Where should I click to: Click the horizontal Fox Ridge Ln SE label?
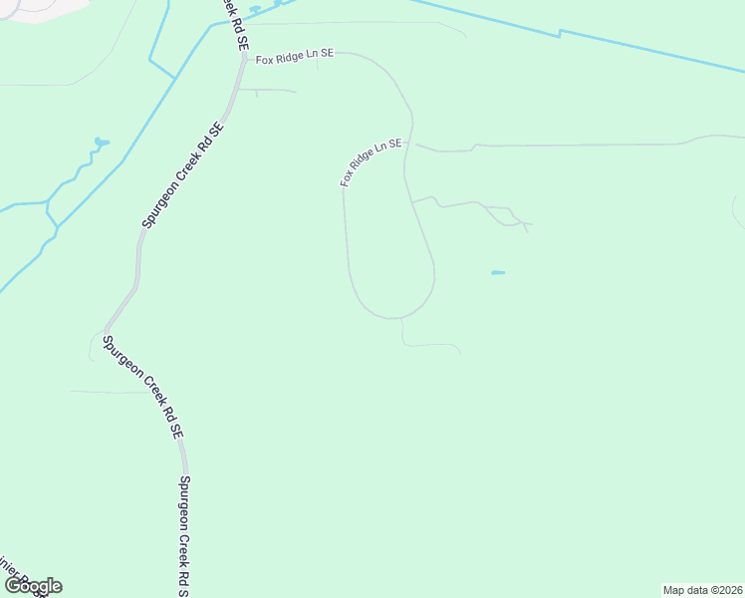pos(294,59)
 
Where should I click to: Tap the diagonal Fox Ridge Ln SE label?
pos(371,162)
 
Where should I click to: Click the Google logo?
pos(33,586)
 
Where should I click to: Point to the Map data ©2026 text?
pos(702,590)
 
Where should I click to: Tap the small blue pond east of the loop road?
pos(498,272)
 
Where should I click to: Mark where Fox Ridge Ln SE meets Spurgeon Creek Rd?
pos(244,60)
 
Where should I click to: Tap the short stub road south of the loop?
pos(428,345)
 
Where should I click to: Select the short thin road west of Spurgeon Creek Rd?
pos(110,392)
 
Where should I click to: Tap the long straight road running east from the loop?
pos(578,145)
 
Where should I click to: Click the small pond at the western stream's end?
pos(101,144)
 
